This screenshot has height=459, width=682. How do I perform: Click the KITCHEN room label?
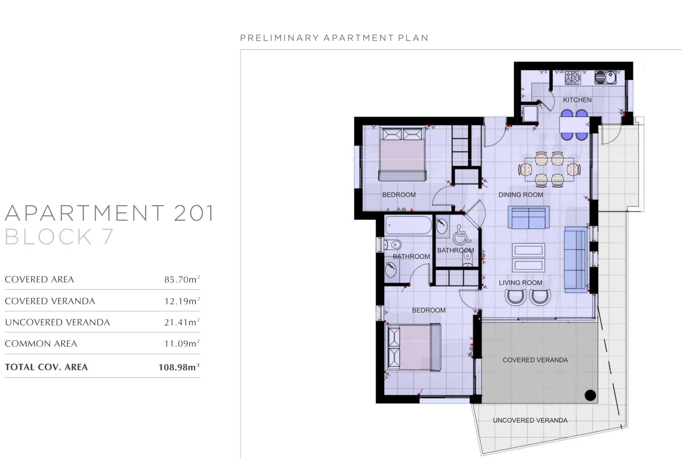tap(577, 100)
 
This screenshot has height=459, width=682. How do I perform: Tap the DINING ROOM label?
tap(521, 195)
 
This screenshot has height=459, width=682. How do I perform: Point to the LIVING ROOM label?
tap(520, 283)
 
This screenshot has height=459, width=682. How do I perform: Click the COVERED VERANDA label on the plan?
tap(535, 360)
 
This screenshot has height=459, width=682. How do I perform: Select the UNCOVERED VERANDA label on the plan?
tap(530, 420)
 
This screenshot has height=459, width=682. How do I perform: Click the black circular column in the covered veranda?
tap(590, 395)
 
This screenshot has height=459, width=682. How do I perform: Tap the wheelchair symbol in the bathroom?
tap(462, 235)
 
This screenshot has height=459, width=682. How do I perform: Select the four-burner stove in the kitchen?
tap(573, 78)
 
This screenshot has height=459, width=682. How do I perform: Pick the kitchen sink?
tap(605, 78)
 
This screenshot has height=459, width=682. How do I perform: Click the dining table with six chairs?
tap(549, 169)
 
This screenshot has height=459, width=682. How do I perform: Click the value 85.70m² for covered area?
tap(182, 279)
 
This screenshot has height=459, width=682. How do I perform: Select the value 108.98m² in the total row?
tap(179, 367)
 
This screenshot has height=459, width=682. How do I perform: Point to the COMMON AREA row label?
tap(41, 343)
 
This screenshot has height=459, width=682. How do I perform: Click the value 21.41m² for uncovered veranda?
tap(182, 322)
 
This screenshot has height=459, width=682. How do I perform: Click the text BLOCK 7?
tap(59, 236)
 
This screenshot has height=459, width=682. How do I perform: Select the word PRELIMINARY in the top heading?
tap(280, 38)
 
